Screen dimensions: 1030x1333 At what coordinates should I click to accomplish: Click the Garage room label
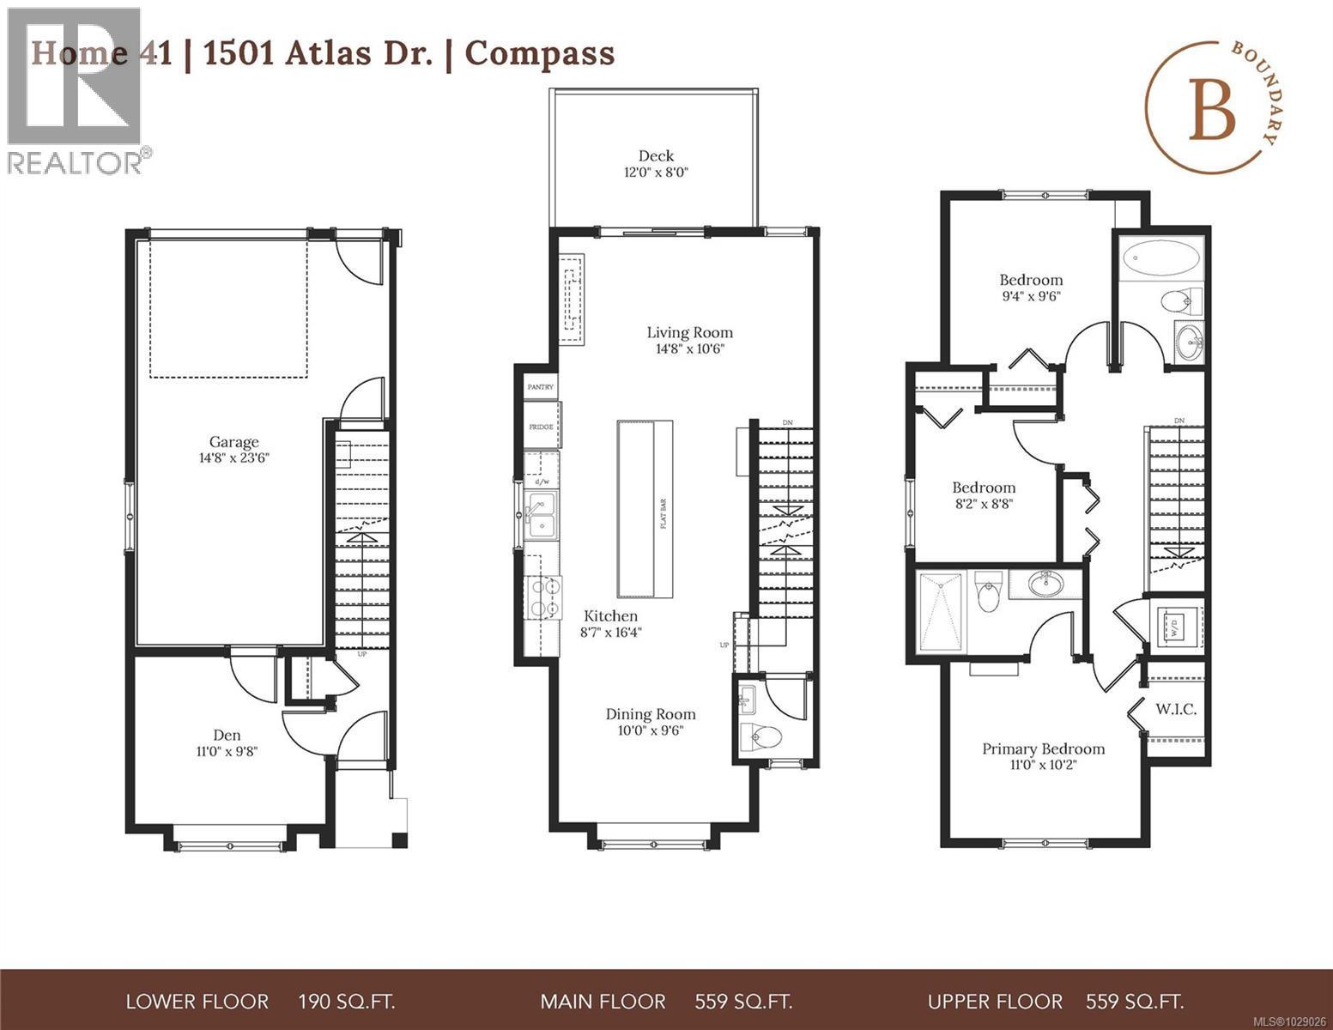pos(234,442)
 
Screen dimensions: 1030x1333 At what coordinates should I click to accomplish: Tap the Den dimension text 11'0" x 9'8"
pos(226,752)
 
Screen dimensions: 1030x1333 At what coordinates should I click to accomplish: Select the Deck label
pos(656,155)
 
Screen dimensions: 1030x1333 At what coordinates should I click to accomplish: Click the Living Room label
pos(689,332)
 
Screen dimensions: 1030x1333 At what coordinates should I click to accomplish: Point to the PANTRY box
pos(541,387)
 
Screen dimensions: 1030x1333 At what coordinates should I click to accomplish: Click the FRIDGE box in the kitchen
pos(541,427)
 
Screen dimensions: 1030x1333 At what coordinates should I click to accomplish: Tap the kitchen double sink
pos(541,515)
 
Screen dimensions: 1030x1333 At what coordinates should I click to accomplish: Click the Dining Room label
pos(651,714)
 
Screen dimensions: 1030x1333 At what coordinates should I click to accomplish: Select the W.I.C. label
pos(1175,709)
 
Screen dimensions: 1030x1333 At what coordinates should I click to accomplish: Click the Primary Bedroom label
pos(1043,748)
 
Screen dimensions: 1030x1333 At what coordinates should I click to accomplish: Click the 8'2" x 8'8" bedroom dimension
pos(984,504)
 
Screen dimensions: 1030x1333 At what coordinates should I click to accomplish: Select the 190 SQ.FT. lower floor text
pos(346,1001)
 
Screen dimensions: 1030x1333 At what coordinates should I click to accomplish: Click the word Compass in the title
pos(540,53)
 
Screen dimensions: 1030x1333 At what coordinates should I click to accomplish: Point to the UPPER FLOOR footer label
pos(995,1001)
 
